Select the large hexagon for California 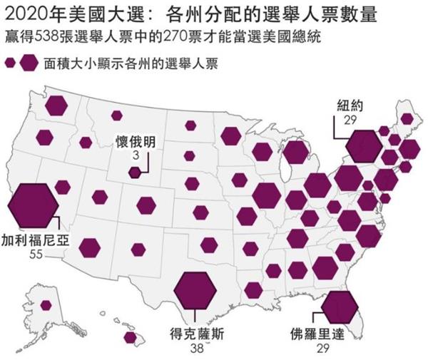point(33,203)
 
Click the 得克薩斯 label point(194,333)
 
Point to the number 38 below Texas point(195,349)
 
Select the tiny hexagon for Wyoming point(134,173)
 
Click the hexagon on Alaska point(46,305)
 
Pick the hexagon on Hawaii point(131,337)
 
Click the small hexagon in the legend point(10,63)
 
